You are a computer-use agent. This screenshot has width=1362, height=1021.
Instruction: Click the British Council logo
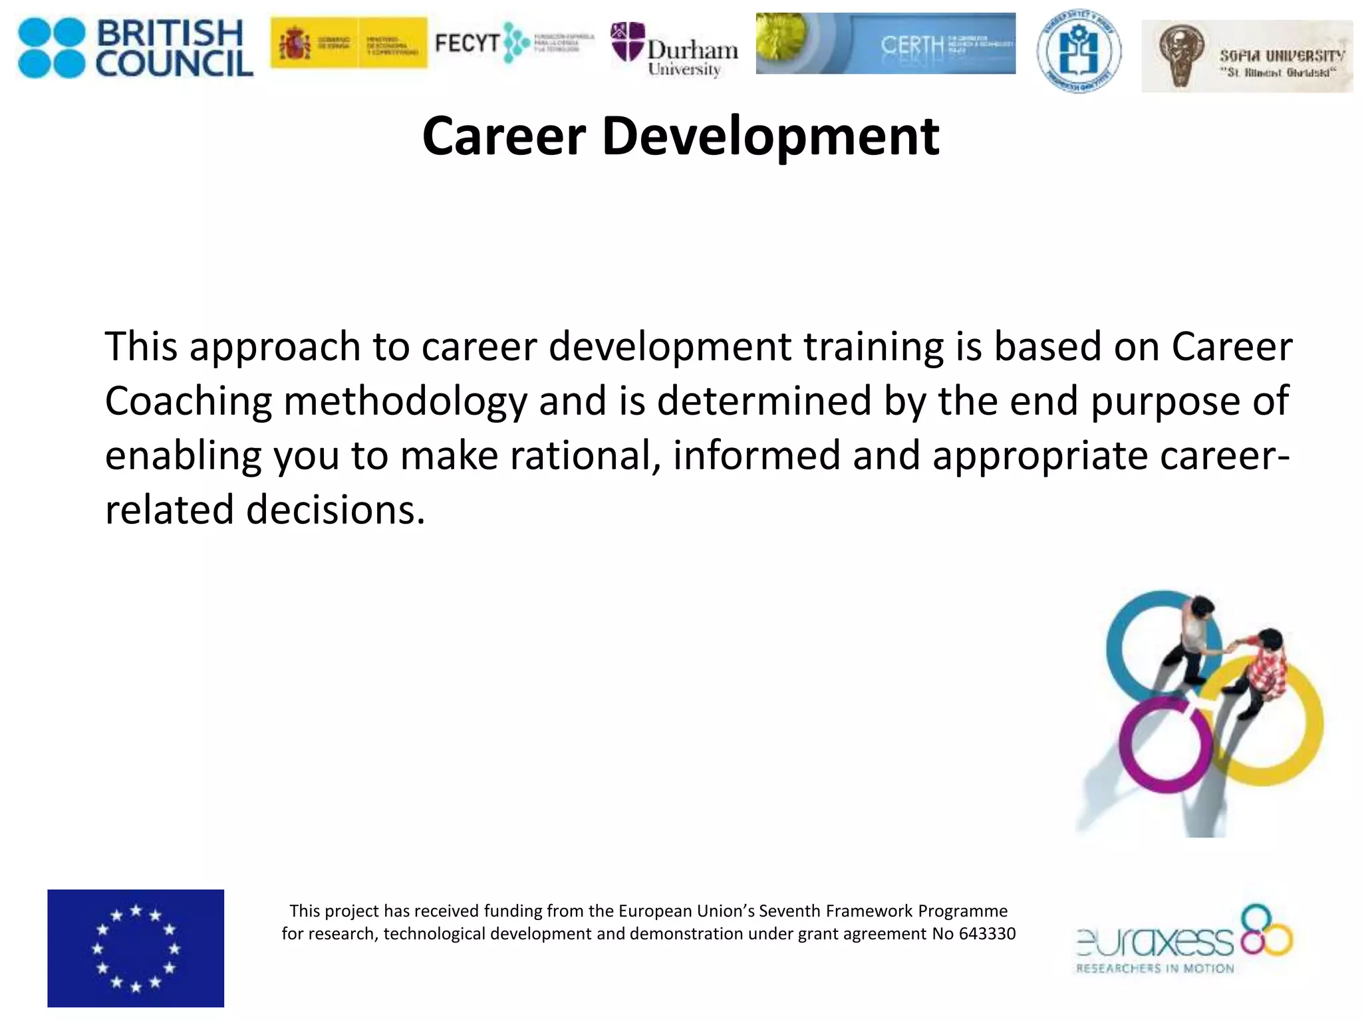pos(135,48)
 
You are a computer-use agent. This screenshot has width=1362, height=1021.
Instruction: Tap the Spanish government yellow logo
pos(348,43)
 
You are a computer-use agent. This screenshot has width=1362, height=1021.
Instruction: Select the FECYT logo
pos(513,43)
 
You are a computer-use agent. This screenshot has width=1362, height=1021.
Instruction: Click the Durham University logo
pos(674,51)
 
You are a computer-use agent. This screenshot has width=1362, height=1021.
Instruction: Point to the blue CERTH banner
pos(885,43)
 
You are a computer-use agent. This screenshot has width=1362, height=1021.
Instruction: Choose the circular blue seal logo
pos(1078,51)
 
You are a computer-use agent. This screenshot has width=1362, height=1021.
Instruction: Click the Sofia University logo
pos(1246,56)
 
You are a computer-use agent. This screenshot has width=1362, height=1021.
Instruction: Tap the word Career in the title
pos(504,136)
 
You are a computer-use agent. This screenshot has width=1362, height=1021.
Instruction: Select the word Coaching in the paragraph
pos(188,401)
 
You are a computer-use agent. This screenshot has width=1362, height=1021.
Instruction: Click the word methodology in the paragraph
pos(405,401)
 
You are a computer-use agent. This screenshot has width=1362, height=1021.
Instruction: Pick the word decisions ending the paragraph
pos(335,510)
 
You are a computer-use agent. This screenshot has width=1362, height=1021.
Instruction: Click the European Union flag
pos(136,948)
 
